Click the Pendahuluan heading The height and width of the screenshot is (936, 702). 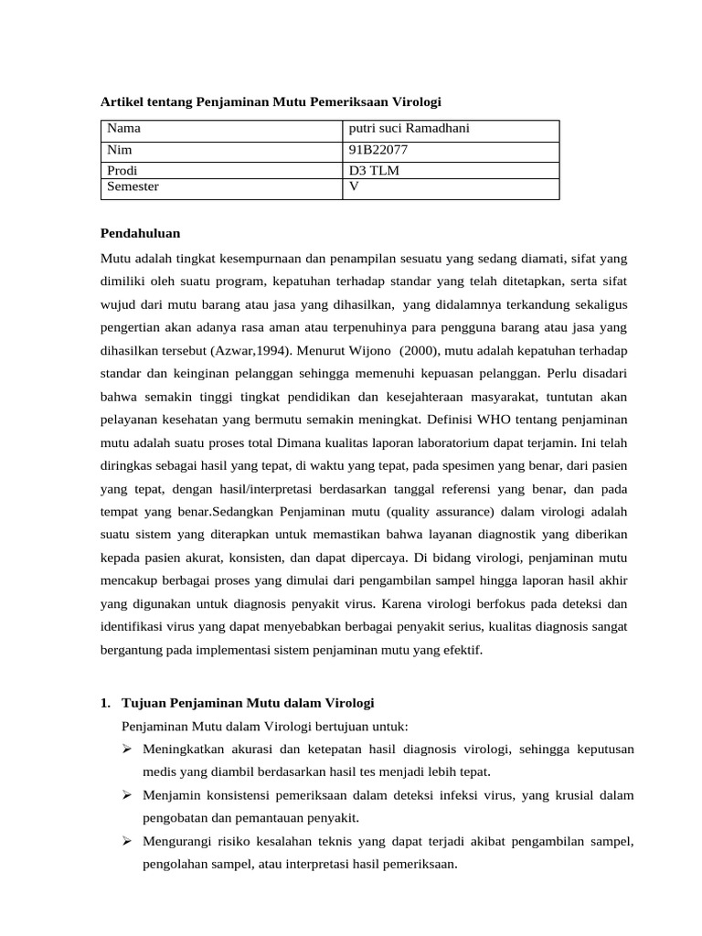(140, 234)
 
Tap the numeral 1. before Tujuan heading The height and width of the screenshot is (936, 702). (104, 702)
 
